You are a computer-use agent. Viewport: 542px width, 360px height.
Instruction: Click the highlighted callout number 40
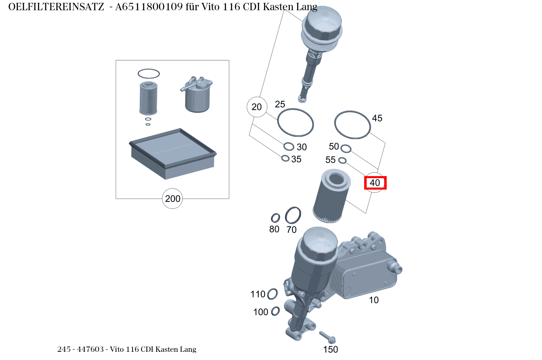click(375, 183)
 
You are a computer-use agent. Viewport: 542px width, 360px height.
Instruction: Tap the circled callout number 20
click(257, 107)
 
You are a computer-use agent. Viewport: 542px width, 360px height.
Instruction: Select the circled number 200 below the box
click(172, 199)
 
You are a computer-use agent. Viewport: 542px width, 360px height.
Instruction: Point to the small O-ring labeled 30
click(289, 146)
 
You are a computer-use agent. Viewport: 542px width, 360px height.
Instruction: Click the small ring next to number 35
click(285, 158)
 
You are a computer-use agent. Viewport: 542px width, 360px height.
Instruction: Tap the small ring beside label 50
click(346, 148)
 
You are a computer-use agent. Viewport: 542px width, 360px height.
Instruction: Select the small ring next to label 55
click(343, 160)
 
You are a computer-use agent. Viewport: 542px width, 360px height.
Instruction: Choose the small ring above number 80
click(275, 218)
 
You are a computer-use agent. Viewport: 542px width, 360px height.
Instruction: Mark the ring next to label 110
click(272, 294)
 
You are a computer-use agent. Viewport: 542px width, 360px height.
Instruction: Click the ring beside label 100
click(275, 311)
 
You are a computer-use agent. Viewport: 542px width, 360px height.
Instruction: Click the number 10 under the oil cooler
click(374, 300)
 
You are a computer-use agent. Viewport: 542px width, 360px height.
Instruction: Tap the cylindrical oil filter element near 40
click(331, 196)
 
